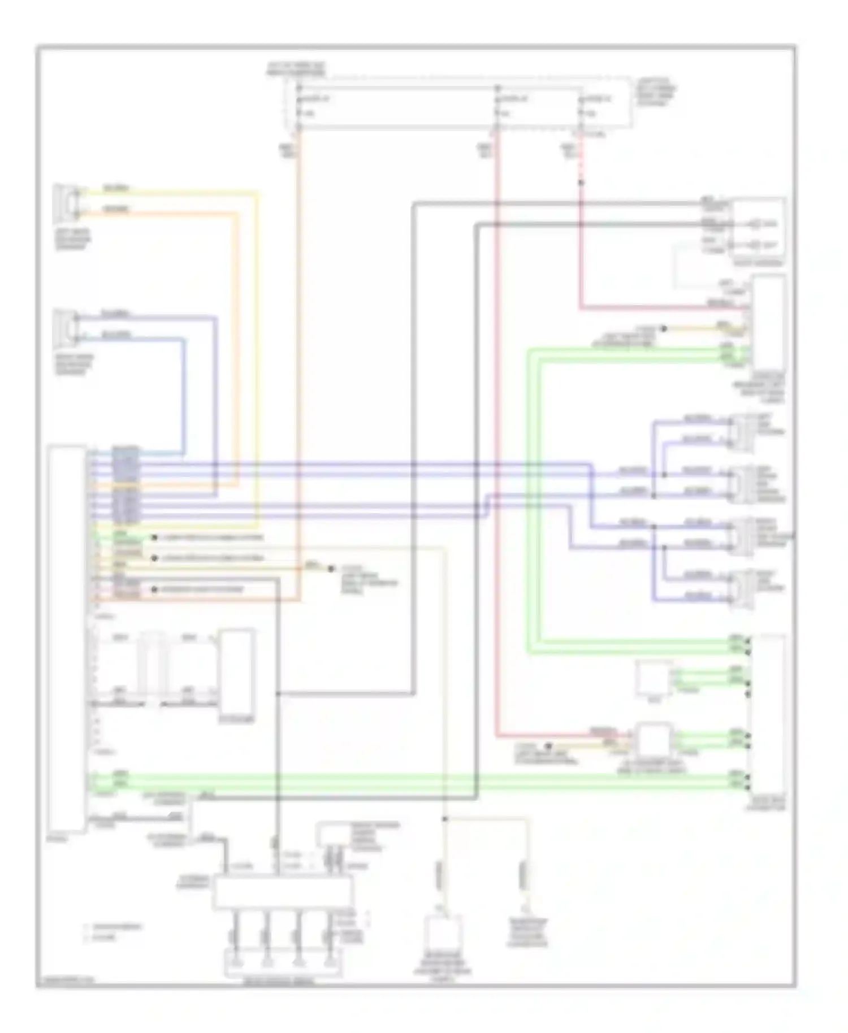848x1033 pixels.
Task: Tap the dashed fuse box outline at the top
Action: pos(458,104)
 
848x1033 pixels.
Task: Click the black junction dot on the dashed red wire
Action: pos(580,183)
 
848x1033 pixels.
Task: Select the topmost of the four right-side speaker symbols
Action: pos(742,433)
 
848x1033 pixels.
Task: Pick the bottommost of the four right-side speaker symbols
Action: pos(742,589)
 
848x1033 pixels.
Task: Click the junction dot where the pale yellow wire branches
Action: pos(445,818)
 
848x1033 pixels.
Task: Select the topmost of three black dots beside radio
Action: pos(154,538)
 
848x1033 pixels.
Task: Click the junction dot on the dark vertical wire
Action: pos(278,693)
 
